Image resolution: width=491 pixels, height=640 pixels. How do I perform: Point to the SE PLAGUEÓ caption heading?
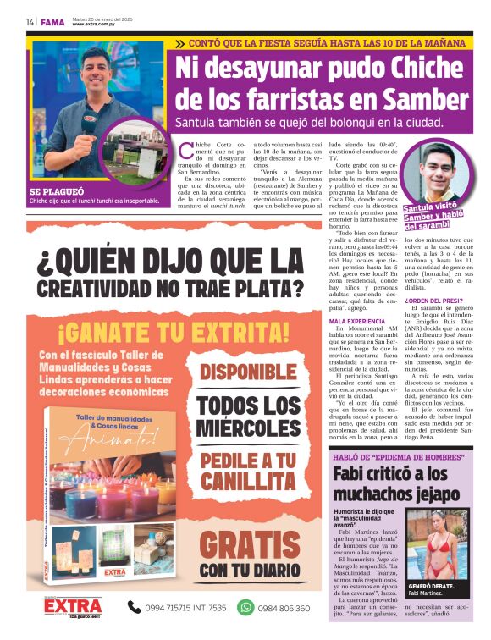click(55, 191)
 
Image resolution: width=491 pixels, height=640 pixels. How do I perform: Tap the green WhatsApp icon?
click(245, 606)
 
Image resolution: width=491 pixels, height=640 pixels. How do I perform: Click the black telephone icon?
click(134, 606)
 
